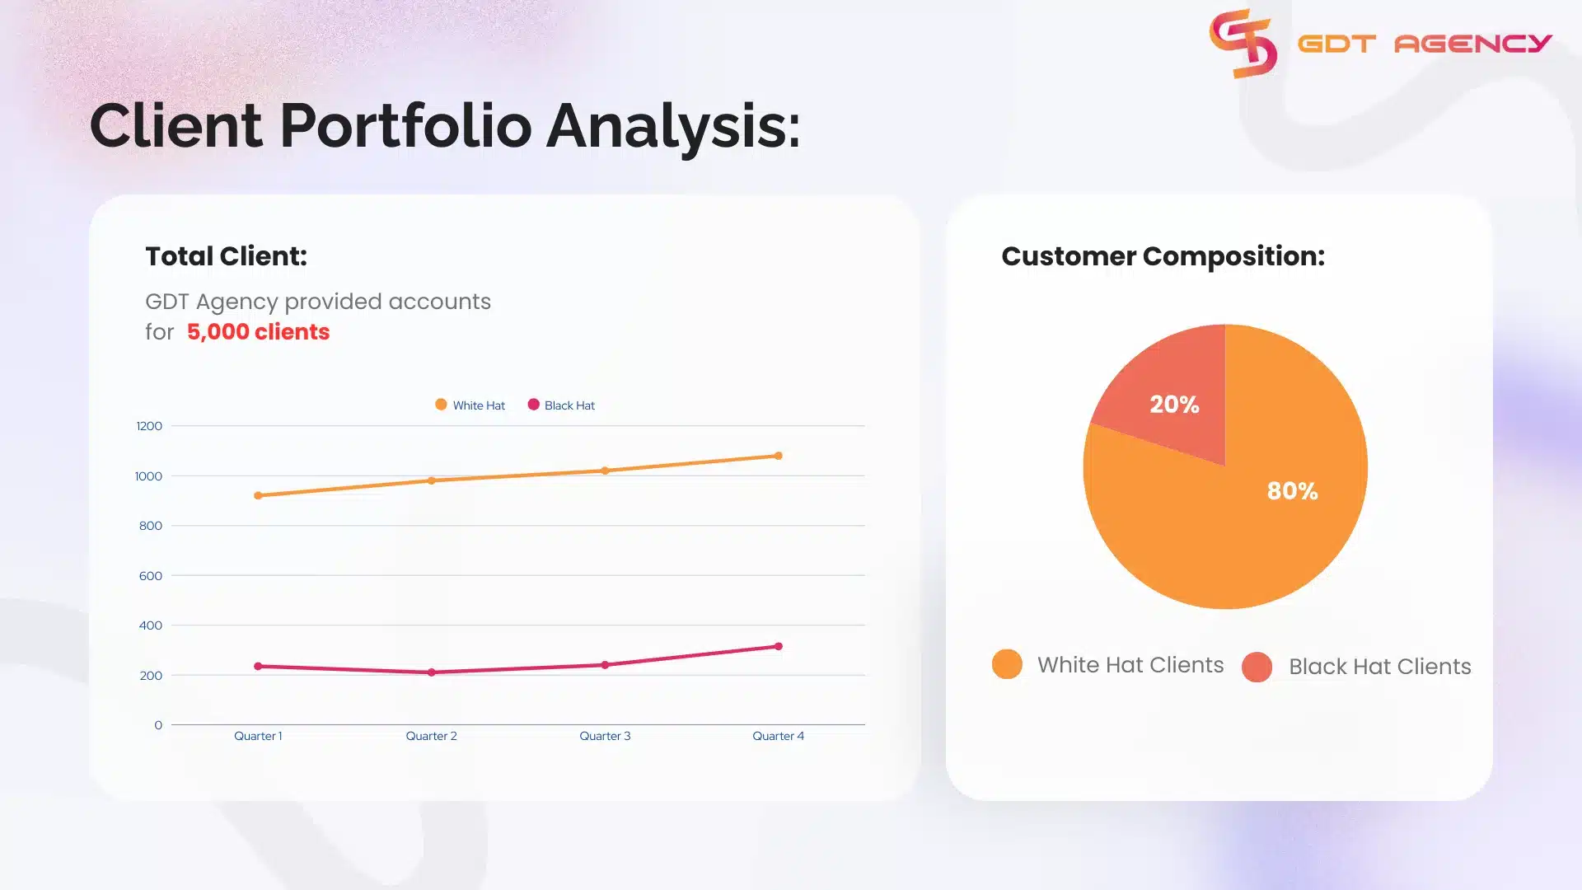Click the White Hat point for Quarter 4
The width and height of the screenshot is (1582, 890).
778,456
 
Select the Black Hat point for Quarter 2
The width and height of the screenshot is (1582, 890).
431,672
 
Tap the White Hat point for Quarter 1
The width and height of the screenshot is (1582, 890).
258,495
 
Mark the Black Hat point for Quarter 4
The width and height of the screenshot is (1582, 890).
778,646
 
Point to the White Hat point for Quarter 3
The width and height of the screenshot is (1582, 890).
605,471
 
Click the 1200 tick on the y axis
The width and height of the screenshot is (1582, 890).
149,426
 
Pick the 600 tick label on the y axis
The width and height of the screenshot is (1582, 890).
150,576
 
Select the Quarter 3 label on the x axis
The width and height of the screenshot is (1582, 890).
604,736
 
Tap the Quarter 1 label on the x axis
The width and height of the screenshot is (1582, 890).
257,736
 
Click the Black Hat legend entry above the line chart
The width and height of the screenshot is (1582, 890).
562,405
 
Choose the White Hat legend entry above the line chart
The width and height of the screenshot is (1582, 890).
470,405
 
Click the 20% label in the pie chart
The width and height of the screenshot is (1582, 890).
1174,405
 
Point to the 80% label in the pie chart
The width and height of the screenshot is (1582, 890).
1292,491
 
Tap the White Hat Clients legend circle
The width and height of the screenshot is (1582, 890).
1007,664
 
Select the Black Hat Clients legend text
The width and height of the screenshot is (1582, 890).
1379,667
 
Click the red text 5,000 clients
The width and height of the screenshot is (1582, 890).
258,332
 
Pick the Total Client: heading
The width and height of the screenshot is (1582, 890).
226,256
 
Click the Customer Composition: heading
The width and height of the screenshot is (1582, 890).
1163,256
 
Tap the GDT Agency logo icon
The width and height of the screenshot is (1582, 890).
1243,44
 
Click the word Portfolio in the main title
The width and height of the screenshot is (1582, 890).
405,126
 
